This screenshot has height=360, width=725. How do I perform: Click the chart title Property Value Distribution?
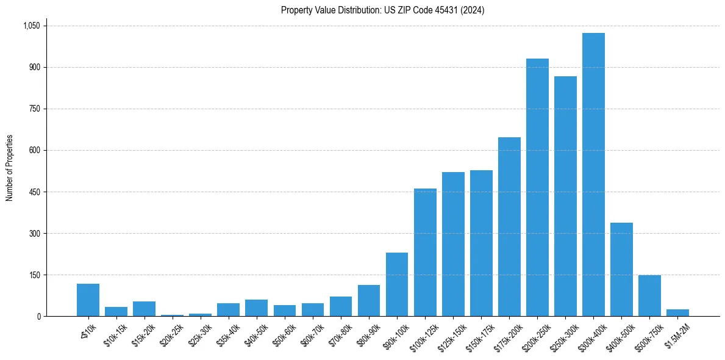click(382, 10)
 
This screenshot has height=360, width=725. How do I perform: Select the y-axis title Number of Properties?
click(10, 168)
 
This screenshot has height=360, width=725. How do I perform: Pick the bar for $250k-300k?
click(565, 196)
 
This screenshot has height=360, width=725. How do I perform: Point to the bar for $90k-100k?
click(397, 284)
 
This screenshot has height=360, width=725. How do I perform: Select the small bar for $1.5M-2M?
click(677, 313)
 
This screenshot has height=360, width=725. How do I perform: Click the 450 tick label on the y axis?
click(34, 192)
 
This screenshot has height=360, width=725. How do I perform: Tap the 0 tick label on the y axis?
click(38, 317)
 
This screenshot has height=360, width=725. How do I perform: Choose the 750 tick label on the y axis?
click(34, 109)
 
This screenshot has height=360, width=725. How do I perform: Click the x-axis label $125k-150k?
click(451, 334)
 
